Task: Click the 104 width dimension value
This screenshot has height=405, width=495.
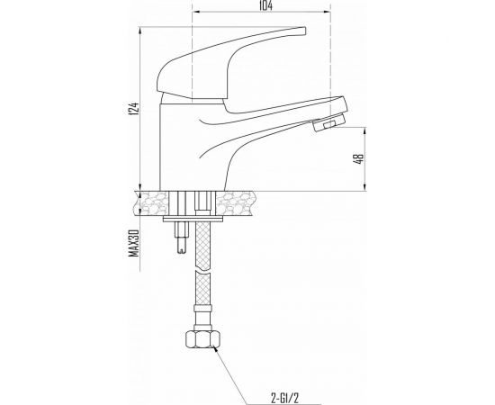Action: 265,5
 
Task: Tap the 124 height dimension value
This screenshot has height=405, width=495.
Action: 133,108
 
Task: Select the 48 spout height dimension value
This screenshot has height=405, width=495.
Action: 360,158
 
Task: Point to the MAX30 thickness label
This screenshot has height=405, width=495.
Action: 134,243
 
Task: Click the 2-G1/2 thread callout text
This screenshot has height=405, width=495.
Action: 284,398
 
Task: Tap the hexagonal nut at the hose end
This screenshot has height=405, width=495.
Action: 202,339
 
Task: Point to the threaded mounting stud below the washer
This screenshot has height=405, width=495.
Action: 182,237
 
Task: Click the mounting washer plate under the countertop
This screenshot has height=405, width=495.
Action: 193,219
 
